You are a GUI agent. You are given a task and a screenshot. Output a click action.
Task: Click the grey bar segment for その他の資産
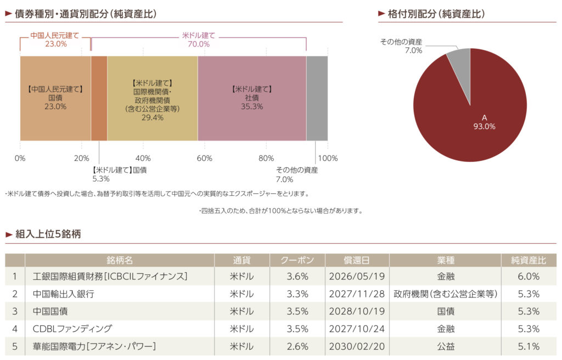[317, 98]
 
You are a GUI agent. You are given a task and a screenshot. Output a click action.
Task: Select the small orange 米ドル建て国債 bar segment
[99, 98]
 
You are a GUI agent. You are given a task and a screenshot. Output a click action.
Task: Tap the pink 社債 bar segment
[252, 98]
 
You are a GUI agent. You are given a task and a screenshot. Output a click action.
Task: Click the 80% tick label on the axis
[266, 159]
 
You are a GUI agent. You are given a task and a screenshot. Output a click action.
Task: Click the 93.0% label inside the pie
[484, 126]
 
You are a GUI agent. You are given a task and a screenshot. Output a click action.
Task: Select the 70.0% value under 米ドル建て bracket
[198, 44]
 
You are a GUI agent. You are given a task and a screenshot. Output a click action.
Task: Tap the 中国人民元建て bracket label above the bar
[55, 35]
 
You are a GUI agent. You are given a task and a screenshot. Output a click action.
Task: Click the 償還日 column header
[357, 260]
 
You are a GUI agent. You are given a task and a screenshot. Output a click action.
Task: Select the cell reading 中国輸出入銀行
[64, 294]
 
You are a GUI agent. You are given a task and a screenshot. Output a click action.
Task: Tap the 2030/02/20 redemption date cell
[357, 346]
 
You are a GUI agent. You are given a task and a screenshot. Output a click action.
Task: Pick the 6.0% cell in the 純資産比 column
[529, 277]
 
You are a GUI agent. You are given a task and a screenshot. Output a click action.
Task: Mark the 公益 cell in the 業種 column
[445, 346]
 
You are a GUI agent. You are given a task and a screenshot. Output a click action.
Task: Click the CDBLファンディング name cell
[72, 329]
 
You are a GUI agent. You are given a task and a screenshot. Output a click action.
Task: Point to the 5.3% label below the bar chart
[101, 179]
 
